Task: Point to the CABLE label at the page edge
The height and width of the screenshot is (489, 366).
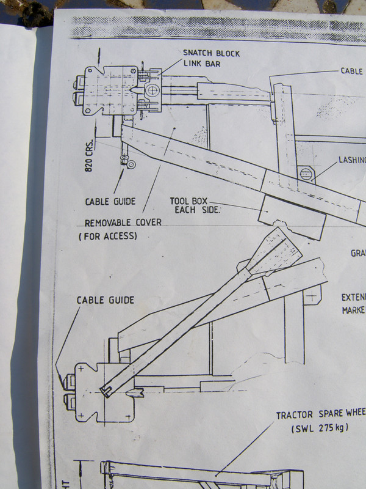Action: (x=353, y=71)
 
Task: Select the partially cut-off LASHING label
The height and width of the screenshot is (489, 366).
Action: (x=352, y=160)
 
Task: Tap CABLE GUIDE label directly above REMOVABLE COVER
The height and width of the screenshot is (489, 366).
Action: (x=110, y=201)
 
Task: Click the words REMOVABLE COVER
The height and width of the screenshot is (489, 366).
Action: (x=123, y=222)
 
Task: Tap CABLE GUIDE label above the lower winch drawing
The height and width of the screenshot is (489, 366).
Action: (x=105, y=300)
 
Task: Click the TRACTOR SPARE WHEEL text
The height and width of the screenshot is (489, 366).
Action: (x=320, y=415)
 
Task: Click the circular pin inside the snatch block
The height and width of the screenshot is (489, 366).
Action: (x=151, y=90)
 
